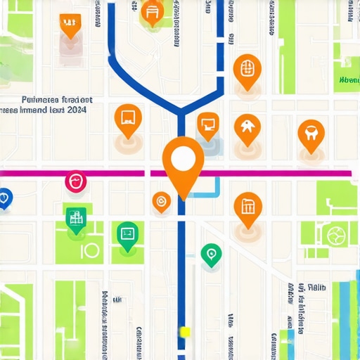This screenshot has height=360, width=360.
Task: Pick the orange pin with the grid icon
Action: tap(246, 68)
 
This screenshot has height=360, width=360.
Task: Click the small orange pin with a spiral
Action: tap(161, 202)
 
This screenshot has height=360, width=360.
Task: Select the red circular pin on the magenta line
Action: tap(76, 182)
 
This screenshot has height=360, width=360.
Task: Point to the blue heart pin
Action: tap(4, 198)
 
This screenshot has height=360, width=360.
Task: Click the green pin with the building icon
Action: tap(76, 218)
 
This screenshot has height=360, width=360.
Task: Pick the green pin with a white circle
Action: tap(210, 254)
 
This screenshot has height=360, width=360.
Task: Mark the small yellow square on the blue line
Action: tap(185, 331)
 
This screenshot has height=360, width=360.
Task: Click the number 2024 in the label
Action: tap(73, 110)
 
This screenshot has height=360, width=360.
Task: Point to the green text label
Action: tap(348, 81)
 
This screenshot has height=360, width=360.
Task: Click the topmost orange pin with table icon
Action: tap(151, 12)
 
